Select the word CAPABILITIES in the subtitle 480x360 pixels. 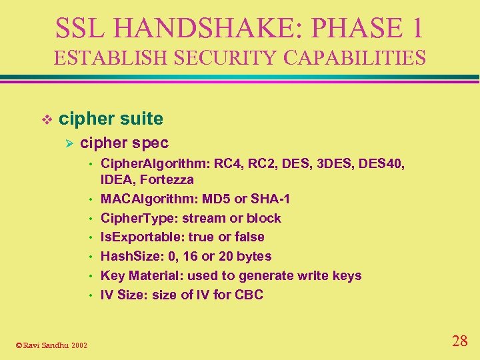click(355, 58)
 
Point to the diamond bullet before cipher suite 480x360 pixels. click(46, 119)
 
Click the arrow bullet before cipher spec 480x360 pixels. click(67, 143)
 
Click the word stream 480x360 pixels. click(202, 218)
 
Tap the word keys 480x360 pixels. click(347, 275)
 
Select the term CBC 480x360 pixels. click(249, 295)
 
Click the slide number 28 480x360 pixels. click(459, 341)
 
